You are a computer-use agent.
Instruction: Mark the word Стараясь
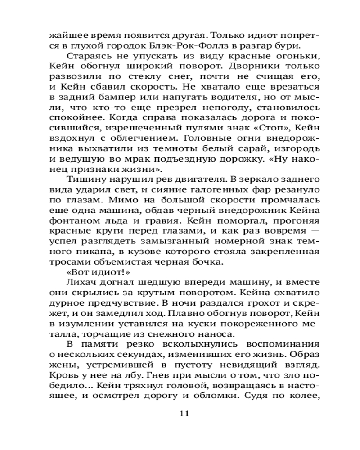tap(86, 57)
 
